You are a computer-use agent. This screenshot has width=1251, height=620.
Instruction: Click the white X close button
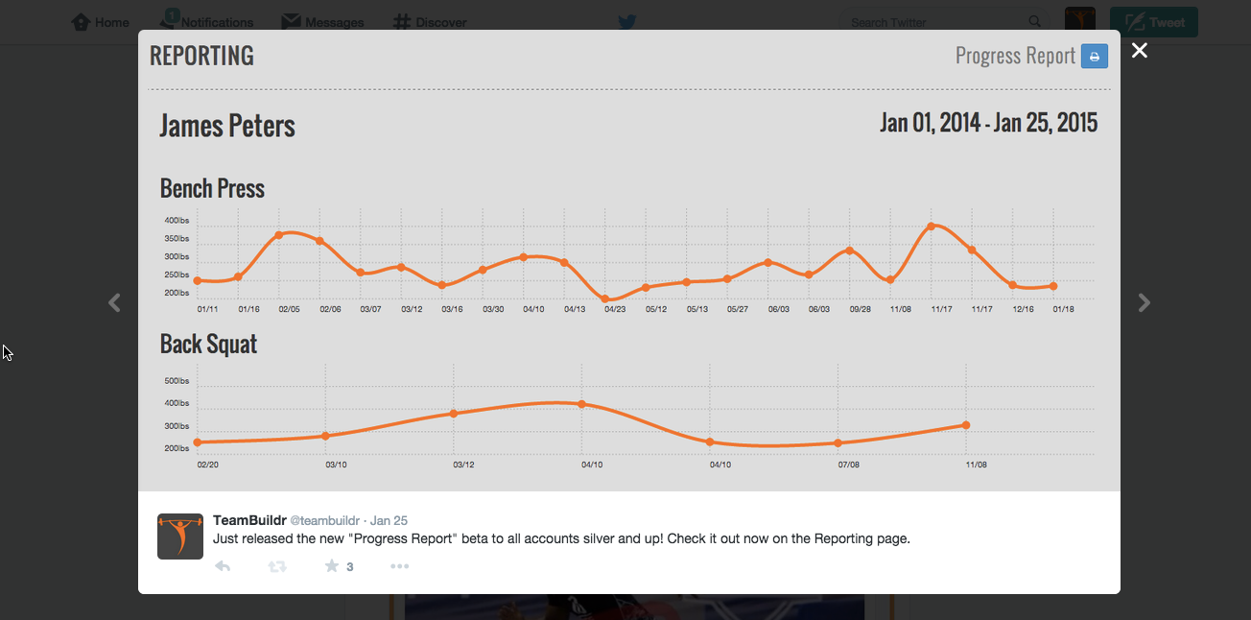(1139, 51)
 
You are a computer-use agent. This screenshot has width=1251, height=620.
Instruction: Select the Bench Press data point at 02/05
(278, 235)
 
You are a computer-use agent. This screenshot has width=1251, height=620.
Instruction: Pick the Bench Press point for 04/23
(605, 299)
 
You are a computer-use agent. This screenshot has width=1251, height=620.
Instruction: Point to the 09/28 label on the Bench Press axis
(860, 309)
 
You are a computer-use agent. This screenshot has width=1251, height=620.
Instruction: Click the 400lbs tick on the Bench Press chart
(177, 221)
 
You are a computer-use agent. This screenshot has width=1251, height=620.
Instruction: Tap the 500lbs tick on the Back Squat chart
(177, 381)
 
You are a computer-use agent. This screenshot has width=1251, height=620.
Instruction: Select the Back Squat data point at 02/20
(197, 442)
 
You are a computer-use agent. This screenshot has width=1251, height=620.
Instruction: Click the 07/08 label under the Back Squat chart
(848, 465)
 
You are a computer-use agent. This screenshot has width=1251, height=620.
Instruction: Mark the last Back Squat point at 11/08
(966, 425)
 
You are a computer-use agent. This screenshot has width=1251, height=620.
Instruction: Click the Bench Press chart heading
(212, 188)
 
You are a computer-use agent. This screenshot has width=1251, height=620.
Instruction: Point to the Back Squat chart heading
(208, 344)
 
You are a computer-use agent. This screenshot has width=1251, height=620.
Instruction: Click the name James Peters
(227, 126)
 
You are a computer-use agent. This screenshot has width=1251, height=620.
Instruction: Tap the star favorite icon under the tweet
(332, 566)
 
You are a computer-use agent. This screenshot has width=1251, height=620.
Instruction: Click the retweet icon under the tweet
(277, 566)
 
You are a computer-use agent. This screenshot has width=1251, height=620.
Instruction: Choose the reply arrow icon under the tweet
(223, 566)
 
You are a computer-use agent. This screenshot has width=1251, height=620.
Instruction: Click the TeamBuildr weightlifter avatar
(180, 536)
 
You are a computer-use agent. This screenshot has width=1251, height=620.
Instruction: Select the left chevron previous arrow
(114, 303)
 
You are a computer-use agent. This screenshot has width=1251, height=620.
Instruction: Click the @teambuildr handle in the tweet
(324, 521)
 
